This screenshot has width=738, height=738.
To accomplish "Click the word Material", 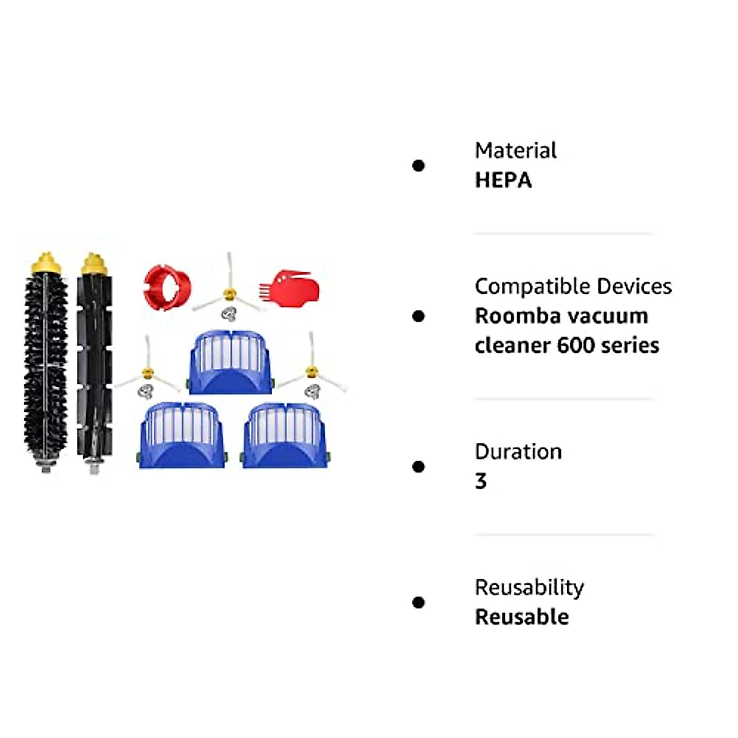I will tap(515, 151).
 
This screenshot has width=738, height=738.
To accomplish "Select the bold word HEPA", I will tap(503, 180).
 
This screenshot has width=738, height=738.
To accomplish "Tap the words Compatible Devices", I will tap(573, 287).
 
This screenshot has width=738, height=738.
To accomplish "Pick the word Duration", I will tap(518, 452).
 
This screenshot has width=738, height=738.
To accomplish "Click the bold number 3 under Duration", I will tap(481, 482).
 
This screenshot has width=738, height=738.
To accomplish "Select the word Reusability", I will tap(529, 588).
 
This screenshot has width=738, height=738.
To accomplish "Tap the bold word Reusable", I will tap(522, 617).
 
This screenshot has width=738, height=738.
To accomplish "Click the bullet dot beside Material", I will tap(419, 165).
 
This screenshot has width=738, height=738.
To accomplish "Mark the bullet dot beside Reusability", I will tap(419, 603).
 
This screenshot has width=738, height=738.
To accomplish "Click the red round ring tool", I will tap(165, 287).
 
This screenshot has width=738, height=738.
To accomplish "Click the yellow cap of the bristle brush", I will tap(46, 264).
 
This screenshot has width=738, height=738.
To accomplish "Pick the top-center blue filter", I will tap(230, 363).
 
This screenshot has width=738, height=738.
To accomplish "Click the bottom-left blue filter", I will tap(181, 435).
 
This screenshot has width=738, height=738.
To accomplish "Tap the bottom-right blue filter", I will tap(284, 435).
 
